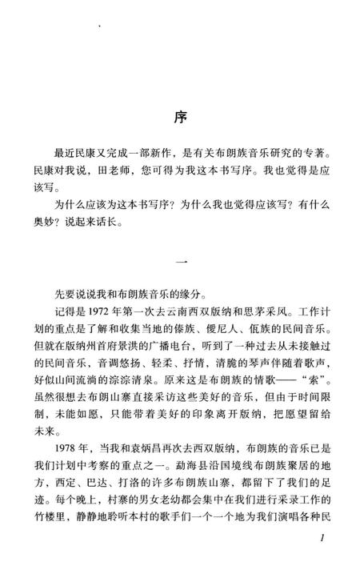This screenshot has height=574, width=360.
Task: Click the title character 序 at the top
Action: [x=180, y=116]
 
